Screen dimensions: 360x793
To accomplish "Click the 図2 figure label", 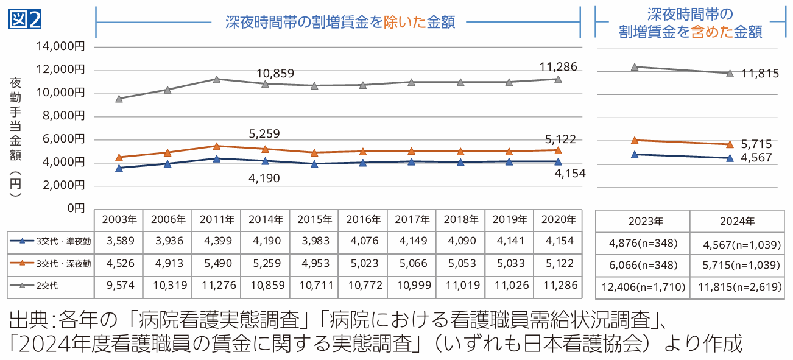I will click(25, 19).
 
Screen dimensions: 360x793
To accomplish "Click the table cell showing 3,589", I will click(119, 241).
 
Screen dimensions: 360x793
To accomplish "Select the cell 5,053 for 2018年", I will click(460, 263).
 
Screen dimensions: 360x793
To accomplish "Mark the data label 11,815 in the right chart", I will click(761, 74).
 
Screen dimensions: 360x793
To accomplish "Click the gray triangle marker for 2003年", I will click(119, 98).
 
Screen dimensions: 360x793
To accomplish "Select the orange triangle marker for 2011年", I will click(217, 146).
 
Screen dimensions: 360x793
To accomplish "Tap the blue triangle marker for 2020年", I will click(557, 161).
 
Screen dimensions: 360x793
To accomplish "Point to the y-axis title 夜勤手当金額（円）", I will click(16, 137).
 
